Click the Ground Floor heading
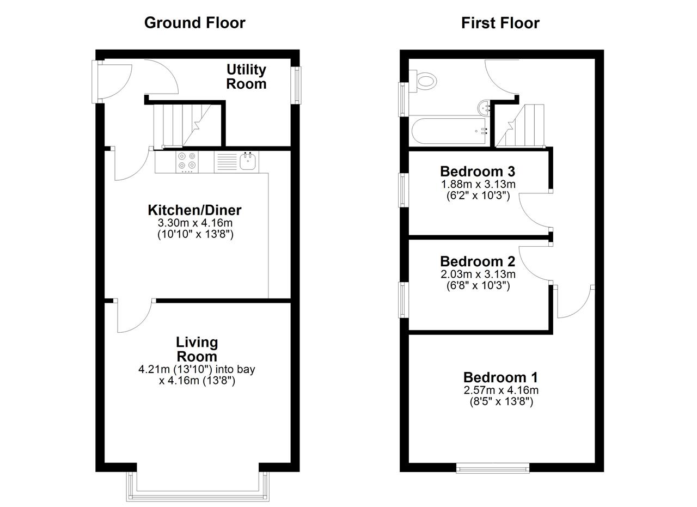[195, 23]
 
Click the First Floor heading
[500, 23]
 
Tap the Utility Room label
[246, 77]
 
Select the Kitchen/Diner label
[194, 210]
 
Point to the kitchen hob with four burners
[187, 162]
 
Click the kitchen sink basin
[248, 161]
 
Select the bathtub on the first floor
[449, 131]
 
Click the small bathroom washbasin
[484, 108]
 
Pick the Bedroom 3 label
[478, 172]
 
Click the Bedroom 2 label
[478, 261]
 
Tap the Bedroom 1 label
[500, 377]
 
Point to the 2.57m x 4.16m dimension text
[501, 390]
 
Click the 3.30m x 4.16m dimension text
[195, 223]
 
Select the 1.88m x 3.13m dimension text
[478, 184]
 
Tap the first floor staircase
[520, 125]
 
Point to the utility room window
[296, 85]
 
